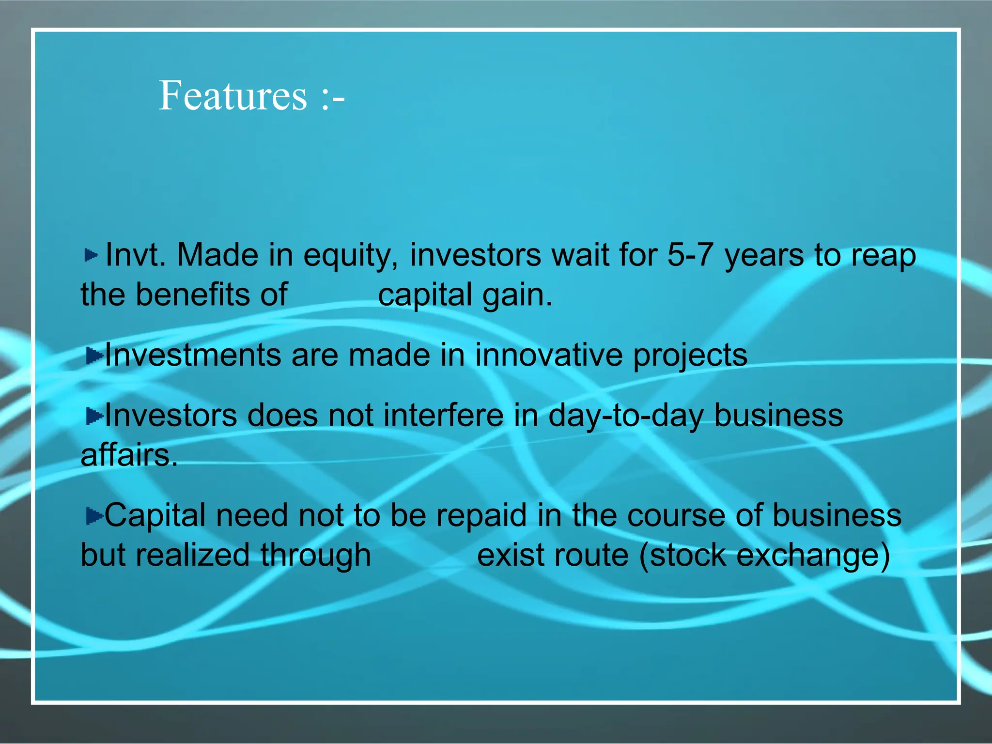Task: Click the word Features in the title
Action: coord(232,95)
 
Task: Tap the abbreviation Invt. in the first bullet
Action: coord(135,255)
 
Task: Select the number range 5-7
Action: coord(690,255)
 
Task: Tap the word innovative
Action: coord(548,355)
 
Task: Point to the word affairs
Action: coord(129,455)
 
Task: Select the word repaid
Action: coord(481,516)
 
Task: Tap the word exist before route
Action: coord(514,555)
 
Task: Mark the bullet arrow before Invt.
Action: coord(91,255)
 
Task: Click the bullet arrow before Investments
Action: coord(94,356)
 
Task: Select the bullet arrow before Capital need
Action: coord(94,516)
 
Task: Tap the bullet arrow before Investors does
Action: coord(94,416)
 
